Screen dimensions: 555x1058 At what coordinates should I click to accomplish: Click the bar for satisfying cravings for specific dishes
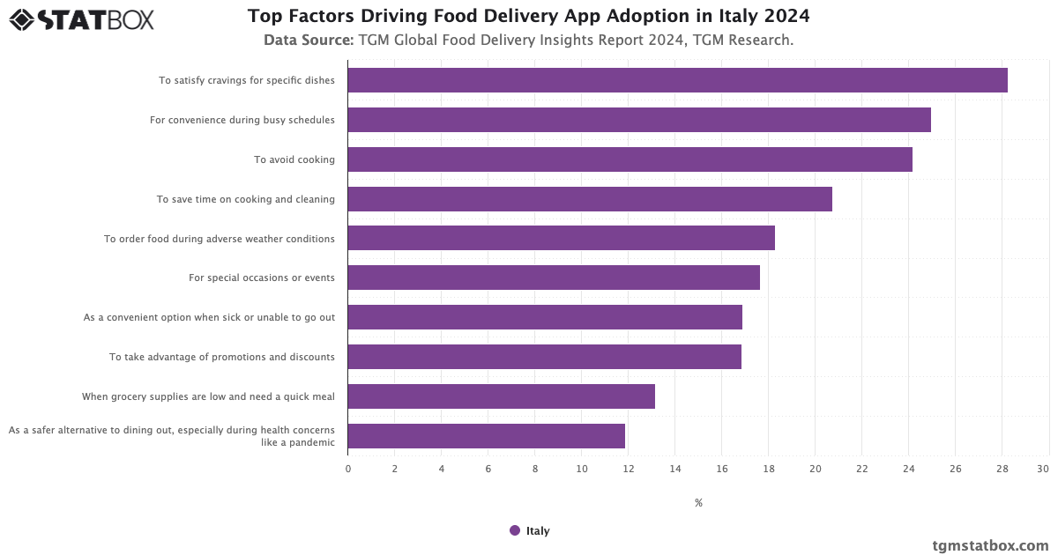(677, 80)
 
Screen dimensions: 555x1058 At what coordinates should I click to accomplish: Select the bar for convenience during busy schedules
(639, 120)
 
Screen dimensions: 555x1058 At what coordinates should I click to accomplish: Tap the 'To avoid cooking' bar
(630, 159)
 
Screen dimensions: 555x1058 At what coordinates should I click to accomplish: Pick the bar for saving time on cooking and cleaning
(590, 199)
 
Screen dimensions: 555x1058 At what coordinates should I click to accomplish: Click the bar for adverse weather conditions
(561, 238)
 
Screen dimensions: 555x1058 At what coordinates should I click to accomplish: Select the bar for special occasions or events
(554, 277)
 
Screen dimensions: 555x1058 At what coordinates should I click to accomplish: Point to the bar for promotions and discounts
(544, 357)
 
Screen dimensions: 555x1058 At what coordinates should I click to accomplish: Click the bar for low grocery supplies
(501, 396)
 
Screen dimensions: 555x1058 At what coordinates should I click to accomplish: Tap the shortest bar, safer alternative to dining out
(486, 436)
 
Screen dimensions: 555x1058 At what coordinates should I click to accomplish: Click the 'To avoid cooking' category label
(294, 159)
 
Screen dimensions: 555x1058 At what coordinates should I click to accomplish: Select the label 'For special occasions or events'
(262, 277)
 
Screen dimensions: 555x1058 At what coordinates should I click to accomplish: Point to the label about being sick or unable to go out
(209, 317)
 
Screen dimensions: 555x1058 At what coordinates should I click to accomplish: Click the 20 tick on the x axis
(815, 469)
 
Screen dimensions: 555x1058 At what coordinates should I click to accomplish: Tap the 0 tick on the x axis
(348, 469)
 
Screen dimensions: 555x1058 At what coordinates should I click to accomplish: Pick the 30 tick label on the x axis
(1043, 469)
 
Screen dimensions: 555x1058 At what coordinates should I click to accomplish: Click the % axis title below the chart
(698, 503)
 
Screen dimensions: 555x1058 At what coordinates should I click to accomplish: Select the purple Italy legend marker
(515, 530)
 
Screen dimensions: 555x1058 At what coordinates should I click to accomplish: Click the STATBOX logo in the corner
(82, 19)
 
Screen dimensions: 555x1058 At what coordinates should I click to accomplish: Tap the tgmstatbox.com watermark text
(990, 545)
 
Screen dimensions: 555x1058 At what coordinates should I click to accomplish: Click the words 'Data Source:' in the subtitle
(309, 41)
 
